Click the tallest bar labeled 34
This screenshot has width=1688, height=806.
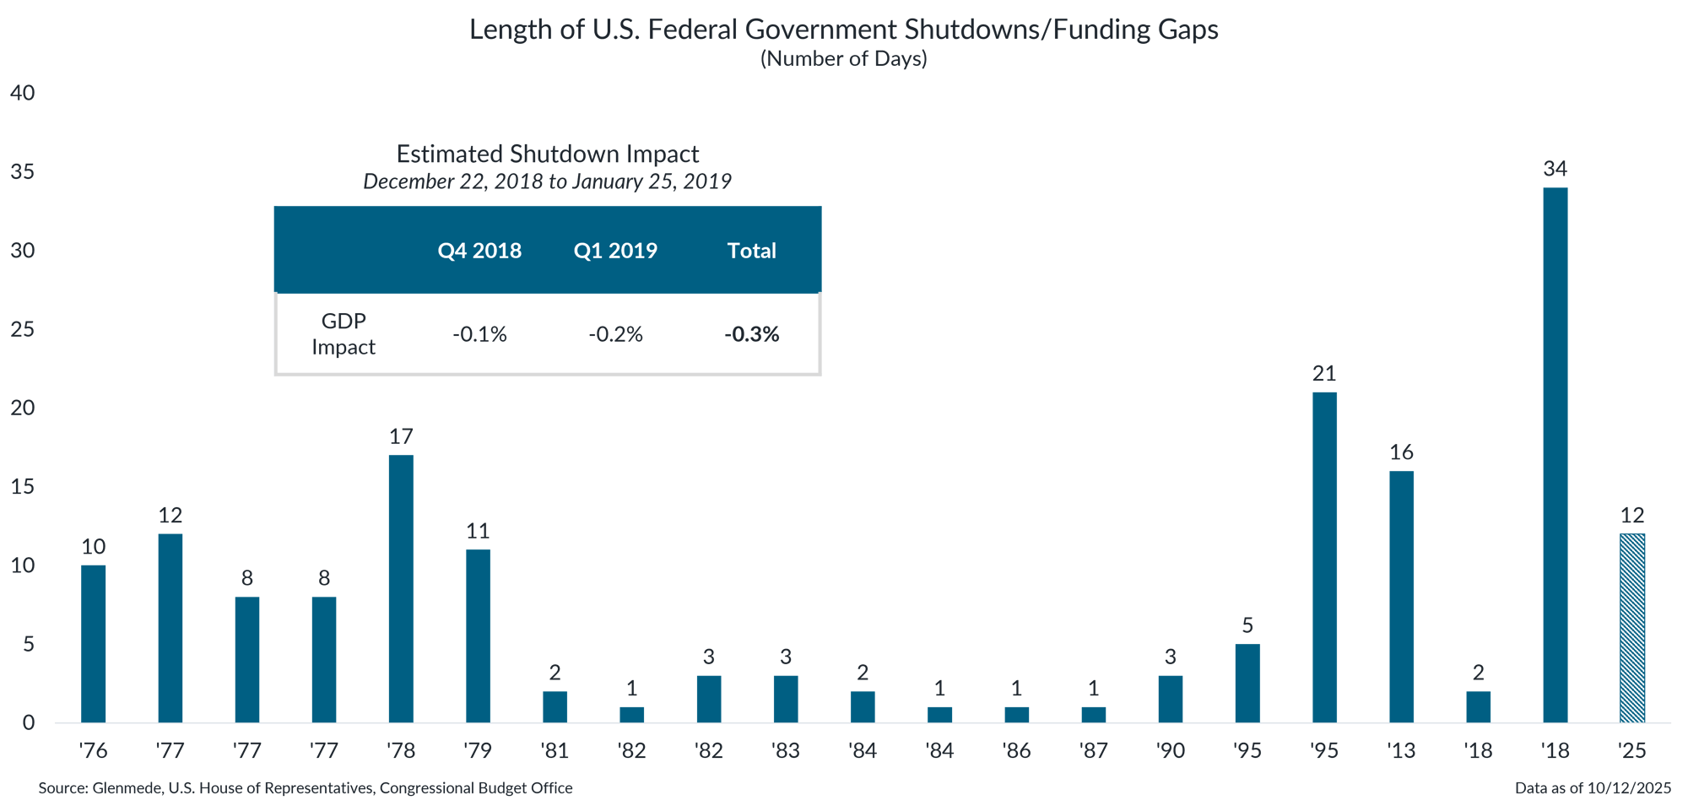pos(1555,456)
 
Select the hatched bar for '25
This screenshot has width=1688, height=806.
pos(1632,629)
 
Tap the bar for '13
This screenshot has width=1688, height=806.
pos(1401,597)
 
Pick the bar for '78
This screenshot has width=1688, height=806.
pos(401,589)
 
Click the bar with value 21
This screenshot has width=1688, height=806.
pos(1324,557)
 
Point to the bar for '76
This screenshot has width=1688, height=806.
pos(94,644)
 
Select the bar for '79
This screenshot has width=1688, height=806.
pos(478,636)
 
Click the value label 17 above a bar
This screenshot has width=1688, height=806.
pos(401,436)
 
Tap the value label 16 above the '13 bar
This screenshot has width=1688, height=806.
pos(1401,452)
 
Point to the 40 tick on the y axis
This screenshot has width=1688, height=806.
pos(23,93)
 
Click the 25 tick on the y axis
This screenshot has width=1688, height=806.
pos(23,329)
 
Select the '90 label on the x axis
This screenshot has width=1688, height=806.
pos(1170,750)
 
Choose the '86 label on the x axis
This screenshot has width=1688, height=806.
pos(1016,750)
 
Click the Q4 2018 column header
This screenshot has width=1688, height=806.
pos(479,251)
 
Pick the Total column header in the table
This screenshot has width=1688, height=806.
pos(751,251)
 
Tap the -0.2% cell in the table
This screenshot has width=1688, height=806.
pos(615,334)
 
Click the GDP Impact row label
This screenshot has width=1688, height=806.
pos(344,334)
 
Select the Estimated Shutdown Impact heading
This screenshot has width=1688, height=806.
pos(547,154)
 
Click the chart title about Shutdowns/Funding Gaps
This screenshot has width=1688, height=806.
pos(844,30)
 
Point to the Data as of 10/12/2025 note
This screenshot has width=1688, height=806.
pos(1592,788)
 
